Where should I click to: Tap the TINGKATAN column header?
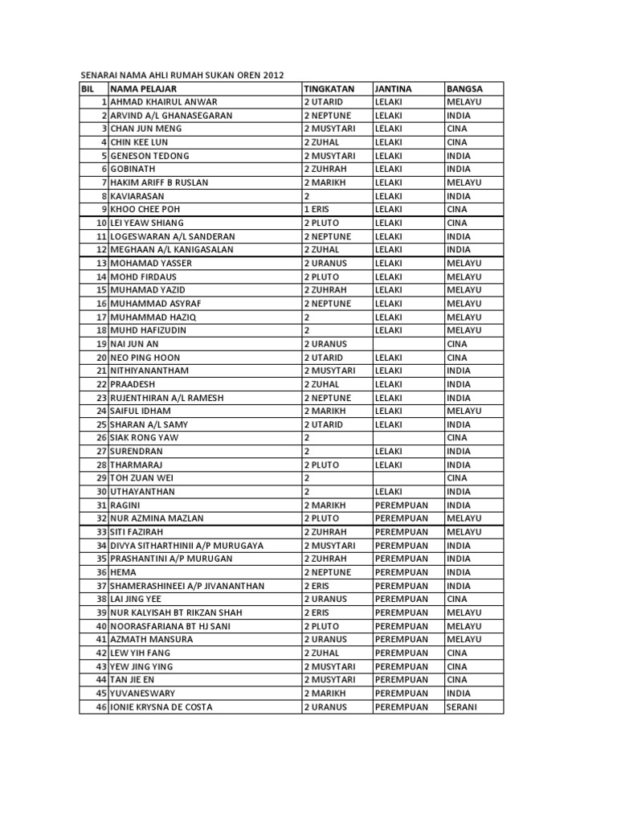point(330,88)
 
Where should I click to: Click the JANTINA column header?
point(393,88)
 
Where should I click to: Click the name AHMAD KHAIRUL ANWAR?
point(164,102)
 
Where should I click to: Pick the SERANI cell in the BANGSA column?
point(462,707)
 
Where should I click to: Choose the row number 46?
point(101,707)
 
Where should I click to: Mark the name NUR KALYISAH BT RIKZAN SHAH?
point(176,612)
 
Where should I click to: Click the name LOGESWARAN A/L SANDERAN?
point(173,236)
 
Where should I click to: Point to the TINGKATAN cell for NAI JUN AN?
point(325,344)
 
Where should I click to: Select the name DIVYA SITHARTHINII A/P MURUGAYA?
point(186,546)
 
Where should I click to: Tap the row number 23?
point(101,398)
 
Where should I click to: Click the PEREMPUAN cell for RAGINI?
point(402,506)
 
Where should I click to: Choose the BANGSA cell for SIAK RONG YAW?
point(457,438)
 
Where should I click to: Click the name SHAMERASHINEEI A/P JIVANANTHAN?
point(187,586)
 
